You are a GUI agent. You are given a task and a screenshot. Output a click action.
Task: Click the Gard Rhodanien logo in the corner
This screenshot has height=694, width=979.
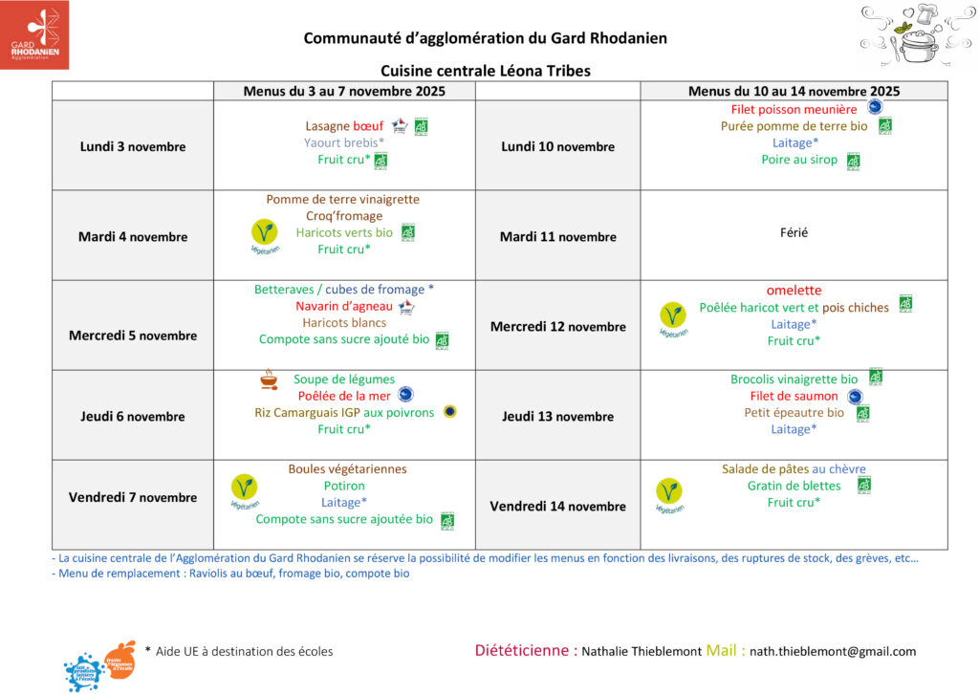(x=34, y=34)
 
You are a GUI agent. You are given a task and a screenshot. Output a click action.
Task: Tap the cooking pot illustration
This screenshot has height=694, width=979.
(x=915, y=35)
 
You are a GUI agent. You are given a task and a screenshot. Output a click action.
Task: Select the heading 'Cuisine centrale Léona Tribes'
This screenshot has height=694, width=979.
(x=486, y=71)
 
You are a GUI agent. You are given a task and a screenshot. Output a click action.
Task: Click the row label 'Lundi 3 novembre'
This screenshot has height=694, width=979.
(x=133, y=146)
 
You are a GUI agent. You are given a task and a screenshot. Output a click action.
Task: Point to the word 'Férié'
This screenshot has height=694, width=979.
(x=794, y=232)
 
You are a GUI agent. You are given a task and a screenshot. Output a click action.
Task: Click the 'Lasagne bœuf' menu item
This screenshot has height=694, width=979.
(x=344, y=126)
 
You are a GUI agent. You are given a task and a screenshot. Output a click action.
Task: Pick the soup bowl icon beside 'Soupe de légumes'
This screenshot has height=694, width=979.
(x=270, y=380)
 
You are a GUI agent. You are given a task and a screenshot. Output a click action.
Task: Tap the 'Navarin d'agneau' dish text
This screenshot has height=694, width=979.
(x=344, y=307)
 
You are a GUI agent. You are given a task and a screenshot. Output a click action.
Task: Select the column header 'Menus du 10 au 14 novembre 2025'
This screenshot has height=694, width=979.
(x=794, y=91)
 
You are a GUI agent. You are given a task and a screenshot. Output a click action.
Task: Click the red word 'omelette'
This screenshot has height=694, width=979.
(x=794, y=291)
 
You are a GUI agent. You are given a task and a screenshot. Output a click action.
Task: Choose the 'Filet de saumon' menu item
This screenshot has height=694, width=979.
(x=794, y=396)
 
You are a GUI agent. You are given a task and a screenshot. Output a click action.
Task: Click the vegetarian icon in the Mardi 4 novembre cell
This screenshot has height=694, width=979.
(x=264, y=233)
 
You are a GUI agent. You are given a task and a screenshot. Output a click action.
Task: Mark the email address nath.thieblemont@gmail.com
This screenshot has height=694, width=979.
(x=833, y=652)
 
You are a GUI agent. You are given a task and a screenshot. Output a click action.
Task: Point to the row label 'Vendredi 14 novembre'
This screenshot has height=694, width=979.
(x=557, y=507)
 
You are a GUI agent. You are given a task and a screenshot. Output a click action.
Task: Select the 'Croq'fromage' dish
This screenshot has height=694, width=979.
(x=344, y=216)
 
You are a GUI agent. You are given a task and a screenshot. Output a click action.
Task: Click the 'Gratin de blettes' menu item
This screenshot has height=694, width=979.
(x=794, y=486)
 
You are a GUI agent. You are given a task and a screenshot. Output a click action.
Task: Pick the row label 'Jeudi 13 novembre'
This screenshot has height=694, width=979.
(x=557, y=417)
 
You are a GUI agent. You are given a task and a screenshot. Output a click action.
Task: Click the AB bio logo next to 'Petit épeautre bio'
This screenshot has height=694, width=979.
(x=862, y=413)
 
